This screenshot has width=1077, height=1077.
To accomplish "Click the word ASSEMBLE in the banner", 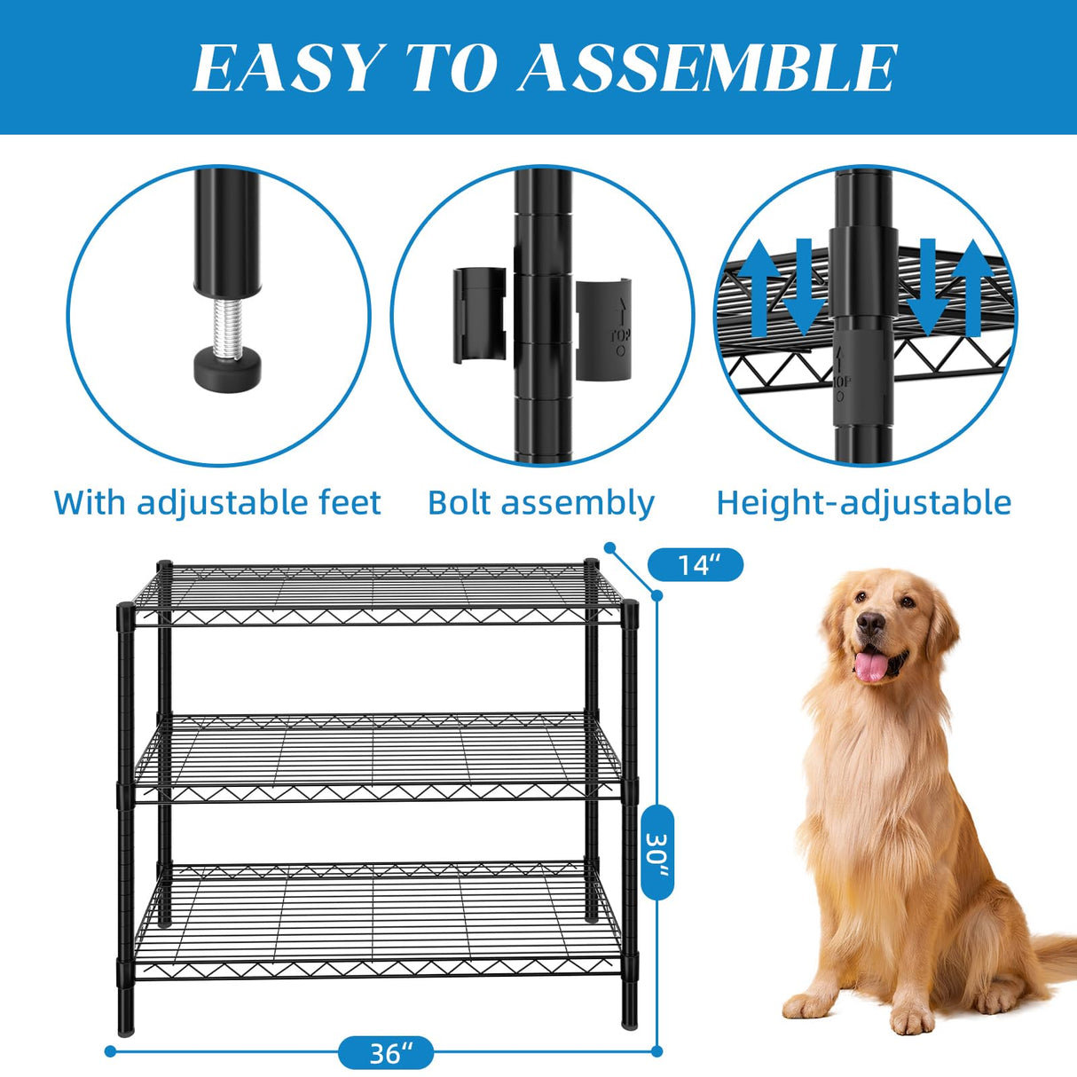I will click(708, 68).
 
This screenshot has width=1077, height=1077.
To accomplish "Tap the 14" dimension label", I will click(696, 564).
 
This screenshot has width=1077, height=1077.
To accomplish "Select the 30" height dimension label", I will click(657, 852).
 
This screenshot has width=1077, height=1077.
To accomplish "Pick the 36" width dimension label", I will click(387, 1053).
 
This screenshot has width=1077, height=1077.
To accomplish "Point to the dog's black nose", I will click(871, 624).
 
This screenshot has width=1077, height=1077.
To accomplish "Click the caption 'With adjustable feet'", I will click(217, 502).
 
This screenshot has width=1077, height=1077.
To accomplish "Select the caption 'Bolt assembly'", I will click(540, 502).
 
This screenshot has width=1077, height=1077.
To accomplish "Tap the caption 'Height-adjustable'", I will click(863, 502).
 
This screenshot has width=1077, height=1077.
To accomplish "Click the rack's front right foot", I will click(629, 1020).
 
